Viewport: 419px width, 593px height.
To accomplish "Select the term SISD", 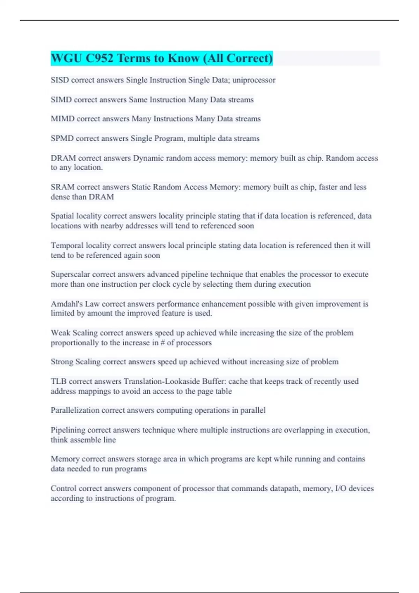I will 60,80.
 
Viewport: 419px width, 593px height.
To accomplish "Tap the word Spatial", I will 62,216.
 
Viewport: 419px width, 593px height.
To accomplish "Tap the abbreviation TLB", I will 58,382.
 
